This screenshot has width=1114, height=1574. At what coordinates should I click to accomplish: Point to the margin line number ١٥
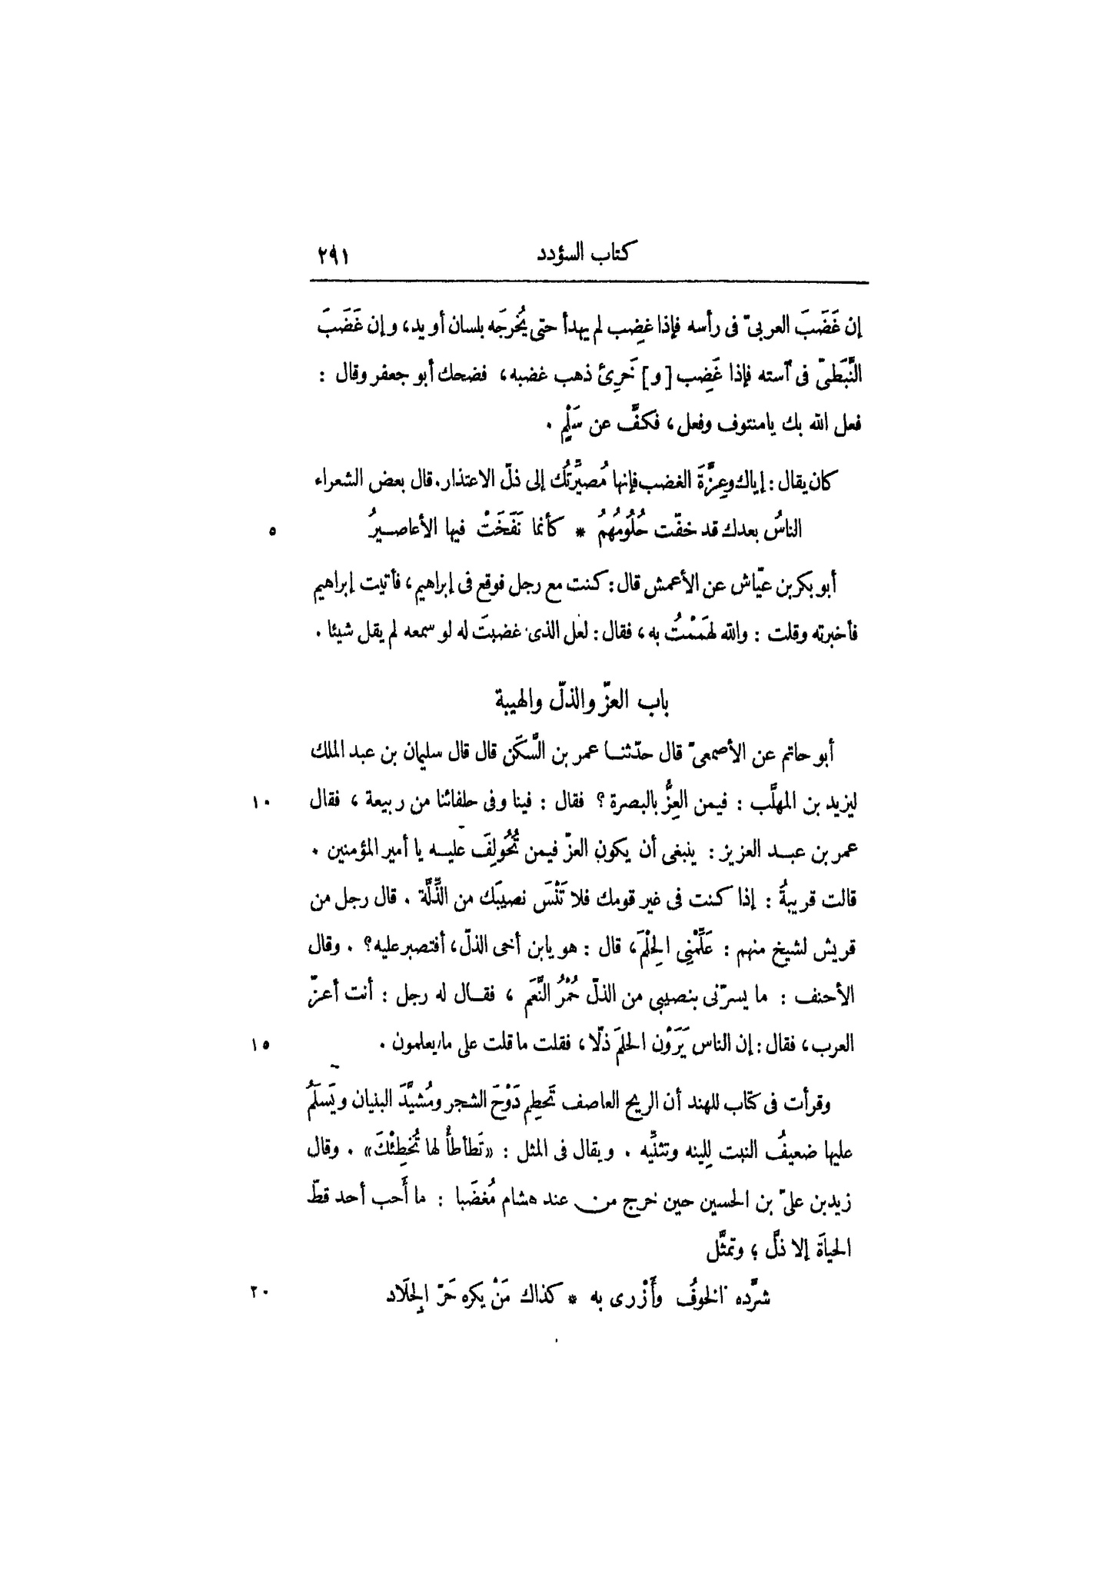click(x=258, y=1045)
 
